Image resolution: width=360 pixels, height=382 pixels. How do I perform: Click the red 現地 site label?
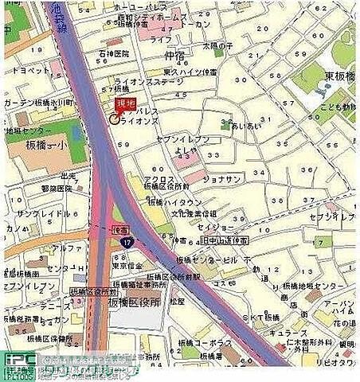click(x=124, y=103)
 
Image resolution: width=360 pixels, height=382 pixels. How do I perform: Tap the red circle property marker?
click(x=113, y=119)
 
